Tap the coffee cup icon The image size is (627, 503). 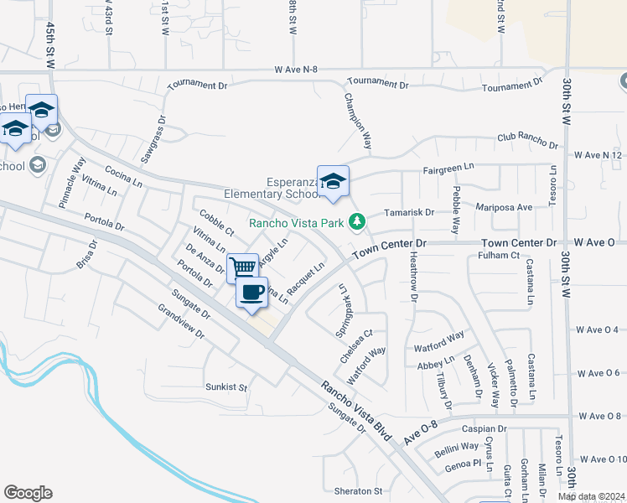252,293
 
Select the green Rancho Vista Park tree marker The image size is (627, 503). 358,221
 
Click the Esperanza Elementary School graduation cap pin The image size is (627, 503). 333,182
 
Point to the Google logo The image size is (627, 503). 28,493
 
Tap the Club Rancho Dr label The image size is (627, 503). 527,142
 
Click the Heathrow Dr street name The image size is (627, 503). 412,282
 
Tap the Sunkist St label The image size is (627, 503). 227,387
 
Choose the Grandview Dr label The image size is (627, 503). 182,319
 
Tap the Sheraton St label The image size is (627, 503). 354,491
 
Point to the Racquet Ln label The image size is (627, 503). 305,278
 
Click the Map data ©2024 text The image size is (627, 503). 591,496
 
